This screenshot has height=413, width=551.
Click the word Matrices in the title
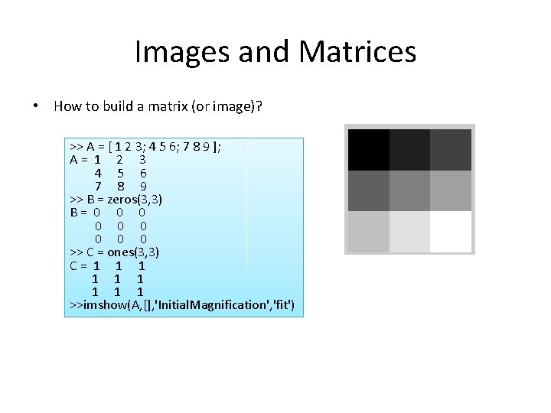click(359, 52)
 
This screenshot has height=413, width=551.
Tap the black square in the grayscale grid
click(368, 149)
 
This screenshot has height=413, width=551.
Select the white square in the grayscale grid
click(450, 231)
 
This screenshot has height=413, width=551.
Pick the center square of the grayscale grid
click(409, 190)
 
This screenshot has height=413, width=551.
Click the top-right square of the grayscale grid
click(450, 149)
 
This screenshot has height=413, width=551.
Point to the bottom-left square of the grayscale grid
click(368, 231)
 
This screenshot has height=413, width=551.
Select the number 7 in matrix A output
click(98, 186)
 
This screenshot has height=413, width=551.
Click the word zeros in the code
click(122, 199)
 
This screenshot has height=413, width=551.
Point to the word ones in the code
click(120, 252)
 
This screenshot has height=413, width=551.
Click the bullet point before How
click(37, 106)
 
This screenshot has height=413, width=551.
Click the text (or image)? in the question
click(228, 106)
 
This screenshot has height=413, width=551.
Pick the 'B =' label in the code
click(78, 213)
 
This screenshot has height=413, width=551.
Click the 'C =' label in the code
click(78, 265)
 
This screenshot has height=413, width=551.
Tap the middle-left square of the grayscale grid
click(368, 190)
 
